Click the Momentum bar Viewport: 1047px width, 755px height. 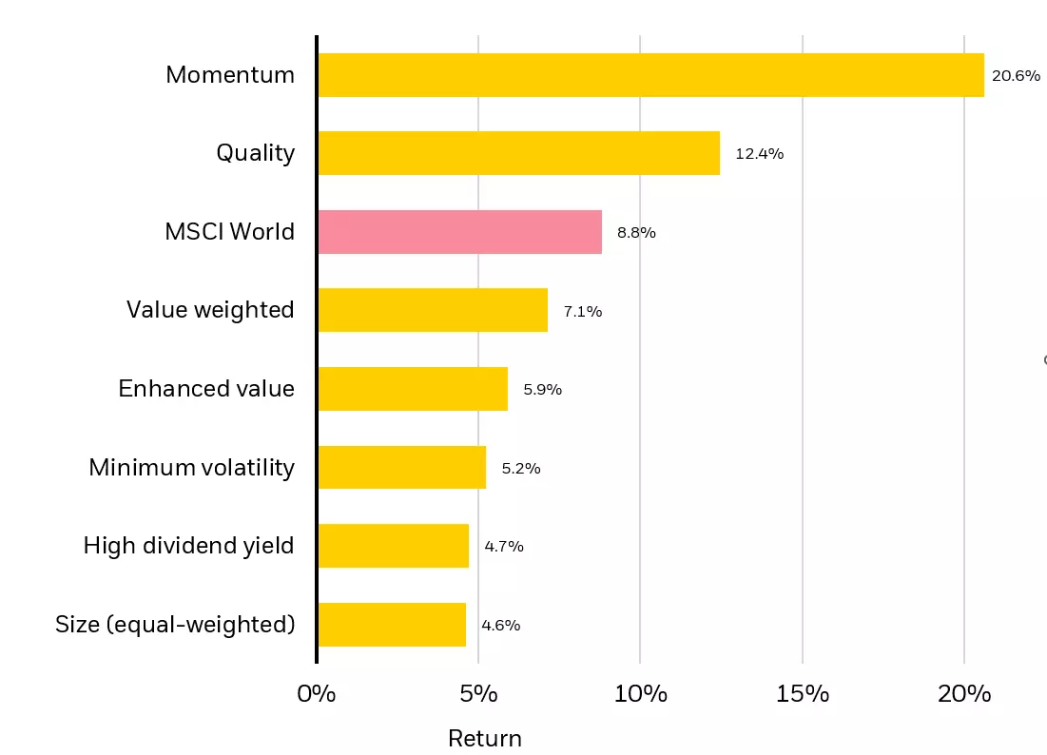(650, 75)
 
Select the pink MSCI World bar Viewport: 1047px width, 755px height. (459, 232)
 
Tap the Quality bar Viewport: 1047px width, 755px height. (518, 153)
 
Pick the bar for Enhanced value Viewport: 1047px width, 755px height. (413, 389)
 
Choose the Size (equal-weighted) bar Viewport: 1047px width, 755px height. (392, 625)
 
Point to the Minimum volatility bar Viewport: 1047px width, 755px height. (401, 468)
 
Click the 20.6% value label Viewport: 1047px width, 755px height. (1016, 75)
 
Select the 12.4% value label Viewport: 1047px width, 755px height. (759, 153)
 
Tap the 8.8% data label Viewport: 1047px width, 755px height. (636, 232)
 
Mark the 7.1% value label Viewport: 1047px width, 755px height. (582, 311)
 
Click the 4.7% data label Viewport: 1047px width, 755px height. (504, 547)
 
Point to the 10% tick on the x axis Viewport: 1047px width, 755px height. (640, 694)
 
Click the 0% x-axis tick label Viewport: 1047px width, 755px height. (317, 694)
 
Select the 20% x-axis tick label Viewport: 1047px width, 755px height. (964, 694)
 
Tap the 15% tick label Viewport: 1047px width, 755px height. (803, 694)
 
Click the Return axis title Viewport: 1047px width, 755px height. (485, 739)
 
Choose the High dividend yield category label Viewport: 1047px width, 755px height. (188, 546)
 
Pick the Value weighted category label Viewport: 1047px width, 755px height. (210, 310)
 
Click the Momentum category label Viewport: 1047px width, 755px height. (230, 75)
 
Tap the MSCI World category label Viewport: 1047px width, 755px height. (229, 232)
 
